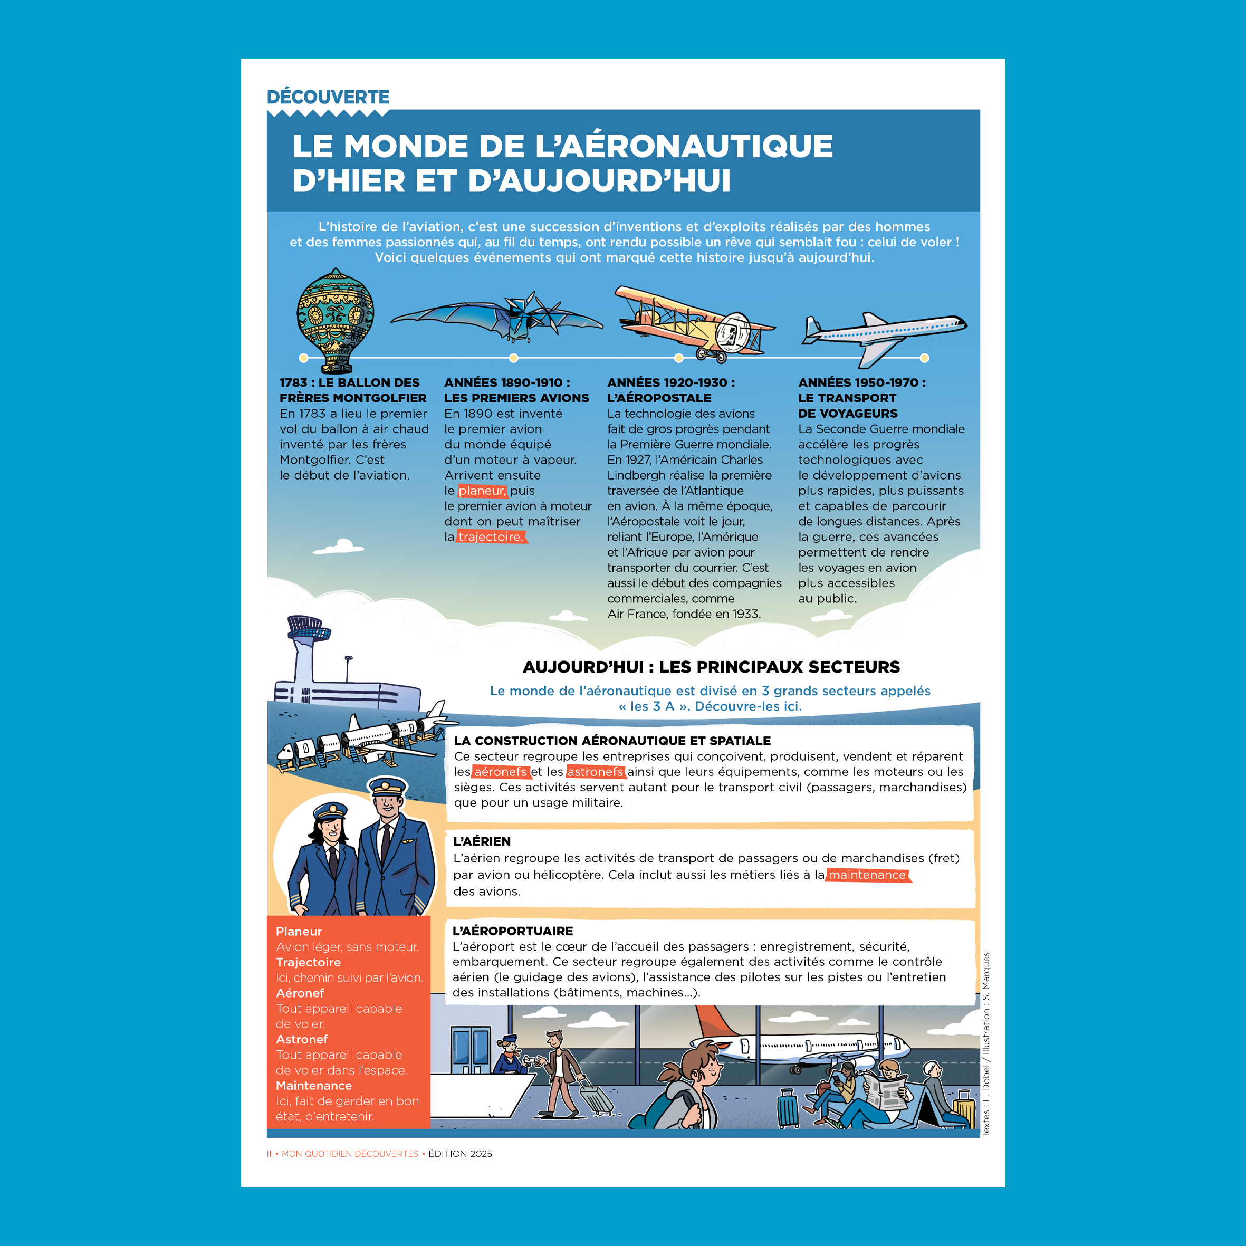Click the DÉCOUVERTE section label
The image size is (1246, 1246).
pos(328,98)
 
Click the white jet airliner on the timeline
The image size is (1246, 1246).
pos(884,332)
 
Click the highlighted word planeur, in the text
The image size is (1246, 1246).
pos(482,491)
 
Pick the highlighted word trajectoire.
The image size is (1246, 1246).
pos(491,537)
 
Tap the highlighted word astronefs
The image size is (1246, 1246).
pos(595,772)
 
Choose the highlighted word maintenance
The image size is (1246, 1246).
pos(867,875)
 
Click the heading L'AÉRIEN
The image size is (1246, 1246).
pos(482,841)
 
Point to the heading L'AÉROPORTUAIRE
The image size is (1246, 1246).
pos(513,931)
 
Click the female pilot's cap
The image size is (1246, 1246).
pos(331,811)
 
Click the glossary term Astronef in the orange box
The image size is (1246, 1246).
pos(302,1040)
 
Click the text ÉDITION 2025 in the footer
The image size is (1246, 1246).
pos(460,1154)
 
